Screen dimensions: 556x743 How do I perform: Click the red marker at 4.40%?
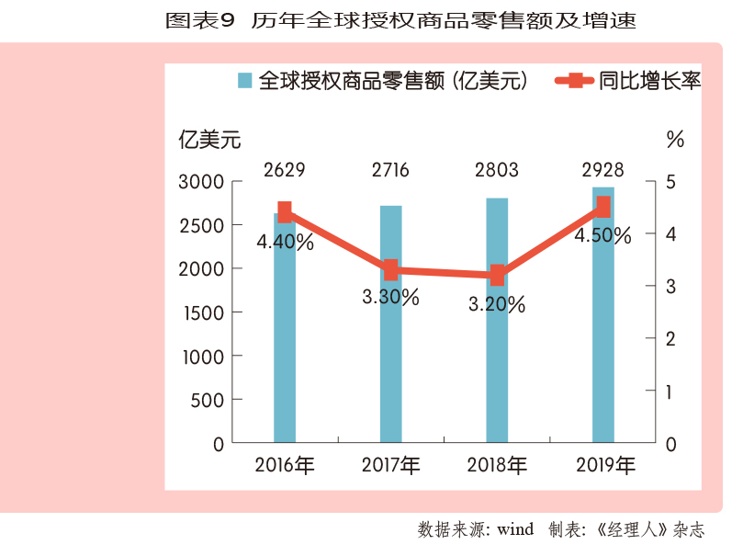(285, 212)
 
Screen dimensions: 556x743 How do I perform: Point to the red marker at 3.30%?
(391, 270)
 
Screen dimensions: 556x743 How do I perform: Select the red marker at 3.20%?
(497, 275)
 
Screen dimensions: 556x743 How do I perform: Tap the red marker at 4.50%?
(602, 208)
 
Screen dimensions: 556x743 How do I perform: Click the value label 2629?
(284, 170)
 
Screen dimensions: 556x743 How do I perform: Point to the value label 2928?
(602, 170)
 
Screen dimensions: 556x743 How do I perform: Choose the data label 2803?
(497, 170)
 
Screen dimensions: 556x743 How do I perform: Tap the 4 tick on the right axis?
(670, 234)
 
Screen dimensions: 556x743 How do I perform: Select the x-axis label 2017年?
(391, 465)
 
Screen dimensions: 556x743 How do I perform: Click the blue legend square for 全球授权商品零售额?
(244, 81)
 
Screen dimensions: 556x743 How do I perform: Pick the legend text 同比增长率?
(649, 81)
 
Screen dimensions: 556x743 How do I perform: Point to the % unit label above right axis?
(675, 141)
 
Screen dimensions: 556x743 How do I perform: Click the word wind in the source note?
(514, 529)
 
